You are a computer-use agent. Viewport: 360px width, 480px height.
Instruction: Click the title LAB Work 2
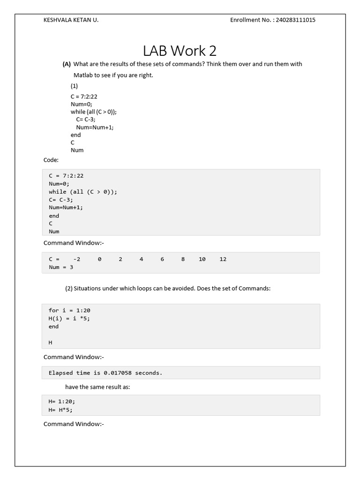click(180, 51)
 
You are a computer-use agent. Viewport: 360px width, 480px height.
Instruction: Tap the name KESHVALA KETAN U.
click(71, 20)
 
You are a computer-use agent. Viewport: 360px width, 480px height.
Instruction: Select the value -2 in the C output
click(77, 259)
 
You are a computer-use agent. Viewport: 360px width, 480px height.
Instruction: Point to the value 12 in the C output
click(223, 259)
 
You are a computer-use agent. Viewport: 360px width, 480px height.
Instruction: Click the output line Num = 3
click(61, 267)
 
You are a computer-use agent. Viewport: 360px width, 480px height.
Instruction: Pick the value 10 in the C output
click(202, 259)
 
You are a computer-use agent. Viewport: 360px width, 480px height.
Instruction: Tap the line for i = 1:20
click(69, 310)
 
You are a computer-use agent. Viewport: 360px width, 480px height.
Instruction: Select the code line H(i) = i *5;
click(69, 318)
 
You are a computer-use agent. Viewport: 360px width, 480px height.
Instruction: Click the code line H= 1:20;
click(62, 401)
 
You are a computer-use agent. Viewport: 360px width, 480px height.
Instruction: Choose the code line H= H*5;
click(61, 409)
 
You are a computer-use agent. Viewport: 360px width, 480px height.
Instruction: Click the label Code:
click(51, 160)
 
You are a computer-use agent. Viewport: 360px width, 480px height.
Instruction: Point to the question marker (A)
click(67, 64)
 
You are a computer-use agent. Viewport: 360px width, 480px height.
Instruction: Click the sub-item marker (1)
click(75, 86)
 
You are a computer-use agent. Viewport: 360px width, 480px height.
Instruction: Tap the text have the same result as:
click(97, 387)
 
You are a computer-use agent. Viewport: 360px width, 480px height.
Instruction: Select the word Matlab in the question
click(83, 75)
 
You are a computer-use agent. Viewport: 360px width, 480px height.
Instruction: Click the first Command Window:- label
click(74, 243)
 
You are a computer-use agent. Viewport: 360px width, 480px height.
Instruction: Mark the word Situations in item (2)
click(88, 289)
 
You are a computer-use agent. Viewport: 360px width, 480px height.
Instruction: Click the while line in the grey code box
click(83, 192)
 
